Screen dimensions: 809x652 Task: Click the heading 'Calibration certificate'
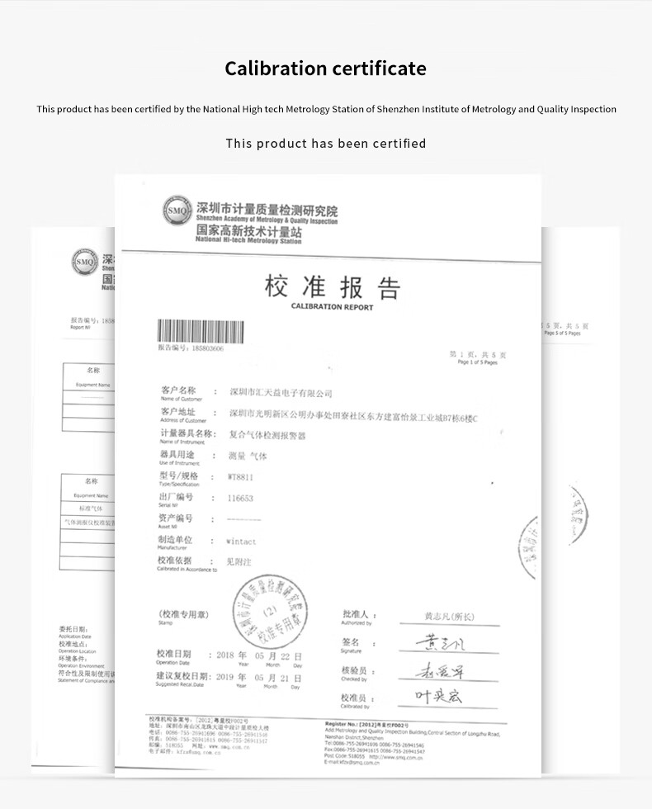click(x=325, y=68)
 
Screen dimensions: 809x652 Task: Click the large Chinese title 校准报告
click(x=333, y=286)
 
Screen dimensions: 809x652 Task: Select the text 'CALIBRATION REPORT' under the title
click(x=332, y=307)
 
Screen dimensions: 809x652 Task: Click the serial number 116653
click(x=239, y=499)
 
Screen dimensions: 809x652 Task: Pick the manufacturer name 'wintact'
click(x=241, y=542)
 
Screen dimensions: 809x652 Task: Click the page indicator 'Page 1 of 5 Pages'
click(x=477, y=362)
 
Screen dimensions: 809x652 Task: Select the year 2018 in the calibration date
click(x=226, y=655)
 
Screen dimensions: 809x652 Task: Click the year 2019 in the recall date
click(x=226, y=677)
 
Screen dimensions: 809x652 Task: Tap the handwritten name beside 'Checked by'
click(x=439, y=671)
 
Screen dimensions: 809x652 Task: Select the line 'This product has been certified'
click(x=326, y=144)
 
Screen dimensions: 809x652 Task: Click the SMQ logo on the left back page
click(x=85, y=262)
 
